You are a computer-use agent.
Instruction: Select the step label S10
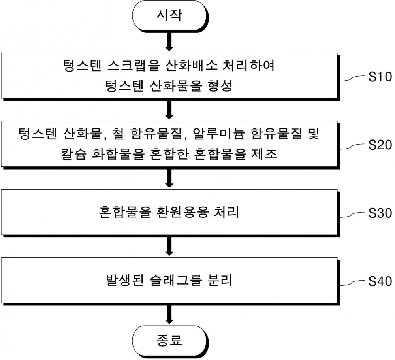(x=380, y=77)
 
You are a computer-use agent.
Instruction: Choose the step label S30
(x=380, y=213)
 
